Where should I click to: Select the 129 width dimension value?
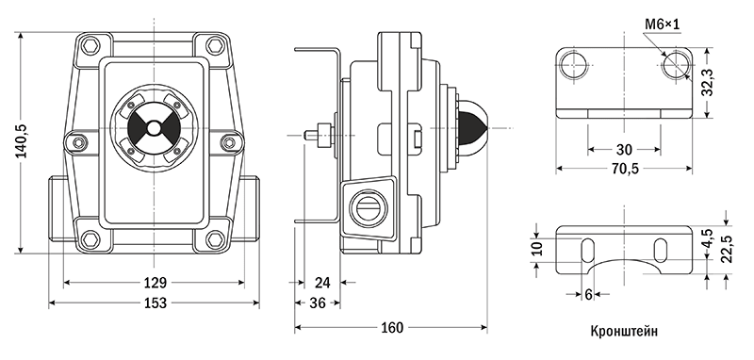pos(155,282)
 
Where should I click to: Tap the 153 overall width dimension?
pos(155,303)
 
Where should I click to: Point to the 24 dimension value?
pos(322,283)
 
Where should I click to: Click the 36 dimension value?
pos(317,303)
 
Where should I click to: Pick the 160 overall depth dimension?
pos(392,328)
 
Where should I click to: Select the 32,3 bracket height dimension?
pos(707,83)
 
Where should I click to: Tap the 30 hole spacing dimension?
pos(624,150)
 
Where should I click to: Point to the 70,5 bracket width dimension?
pos(624,169)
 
